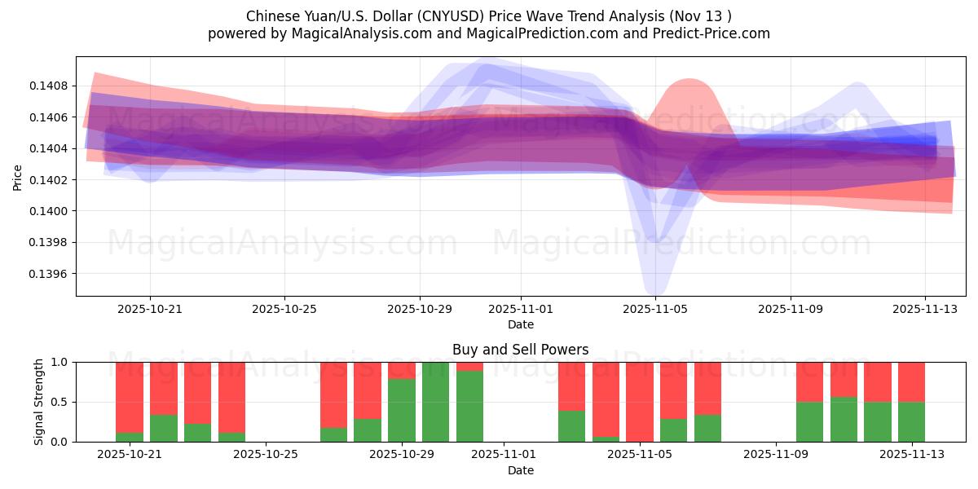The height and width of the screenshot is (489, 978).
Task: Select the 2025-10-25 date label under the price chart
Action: [284, 309]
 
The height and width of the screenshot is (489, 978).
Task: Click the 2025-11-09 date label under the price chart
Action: [790, 309]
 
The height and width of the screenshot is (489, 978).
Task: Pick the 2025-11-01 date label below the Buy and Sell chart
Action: [503, 455]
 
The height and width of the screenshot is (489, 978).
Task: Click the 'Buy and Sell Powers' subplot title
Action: [520, 350]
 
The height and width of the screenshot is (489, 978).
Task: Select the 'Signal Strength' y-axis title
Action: [39, 402]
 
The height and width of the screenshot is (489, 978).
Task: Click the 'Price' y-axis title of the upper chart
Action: [18, 177]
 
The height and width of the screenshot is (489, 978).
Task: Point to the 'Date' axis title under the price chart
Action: [521, 324]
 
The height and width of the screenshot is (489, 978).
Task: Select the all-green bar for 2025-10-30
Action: [436, 402]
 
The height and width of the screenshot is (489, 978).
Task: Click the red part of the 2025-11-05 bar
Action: [640, 399]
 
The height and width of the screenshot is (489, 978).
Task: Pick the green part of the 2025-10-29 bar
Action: [402, 410]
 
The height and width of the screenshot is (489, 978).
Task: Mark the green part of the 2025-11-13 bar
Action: [911, 421]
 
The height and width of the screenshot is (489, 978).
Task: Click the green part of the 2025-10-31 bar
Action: [469, 406]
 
